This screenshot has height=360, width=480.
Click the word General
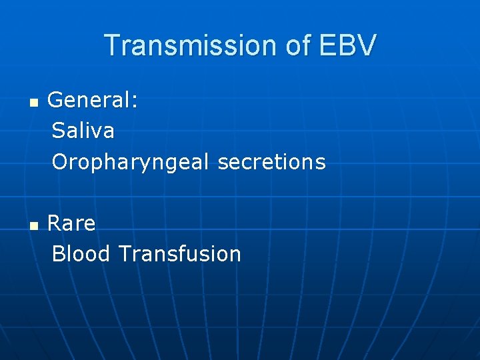pos(89,101)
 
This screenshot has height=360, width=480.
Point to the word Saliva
pos(83,131)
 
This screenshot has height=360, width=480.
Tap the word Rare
pos(71,223)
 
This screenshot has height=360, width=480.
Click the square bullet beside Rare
pos(33,226)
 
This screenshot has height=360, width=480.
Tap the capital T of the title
pos(113,45)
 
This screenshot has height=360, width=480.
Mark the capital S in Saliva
pos(58,131)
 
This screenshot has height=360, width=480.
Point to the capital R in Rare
pos(55,223)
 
